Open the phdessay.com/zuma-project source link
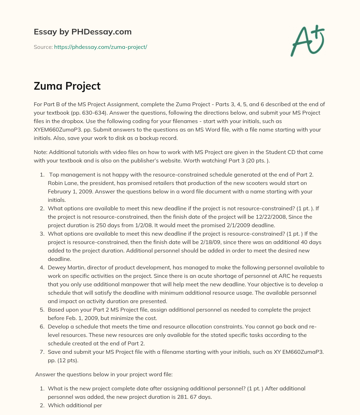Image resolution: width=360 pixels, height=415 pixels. coord(101,47)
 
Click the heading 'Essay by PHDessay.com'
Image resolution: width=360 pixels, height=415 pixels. coord(83,32)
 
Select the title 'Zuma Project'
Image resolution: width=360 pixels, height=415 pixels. coord(67,86)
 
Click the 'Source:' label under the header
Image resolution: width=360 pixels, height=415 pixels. coord(43,47)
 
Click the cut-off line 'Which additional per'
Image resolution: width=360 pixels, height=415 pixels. coord(75,405)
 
